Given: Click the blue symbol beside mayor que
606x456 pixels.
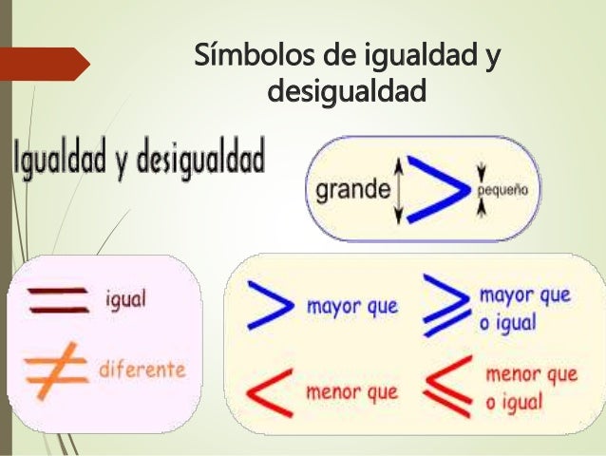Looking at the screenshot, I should (270, 306).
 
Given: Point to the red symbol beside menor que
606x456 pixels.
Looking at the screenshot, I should (269, 390).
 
